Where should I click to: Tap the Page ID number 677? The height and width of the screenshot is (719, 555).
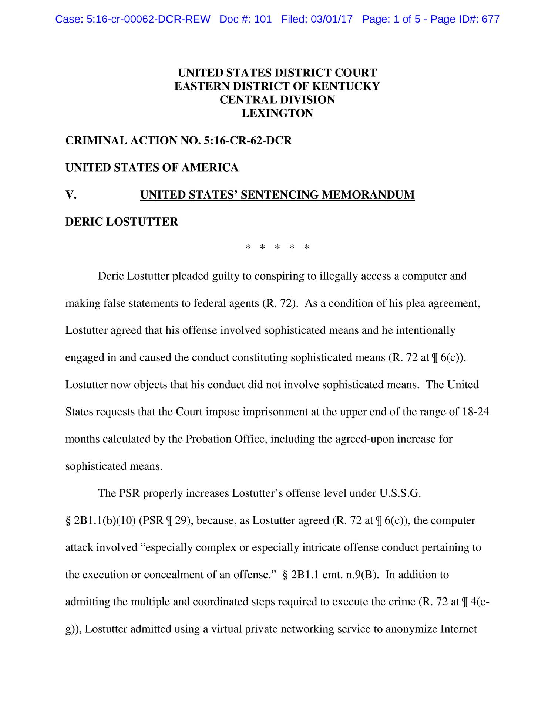[x=491, y=19]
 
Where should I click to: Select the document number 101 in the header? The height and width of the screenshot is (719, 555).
[x=263, y=19]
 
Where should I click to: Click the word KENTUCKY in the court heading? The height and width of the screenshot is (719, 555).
[x=346, y=86]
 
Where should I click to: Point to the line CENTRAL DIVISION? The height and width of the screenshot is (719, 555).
[x=277, y=100]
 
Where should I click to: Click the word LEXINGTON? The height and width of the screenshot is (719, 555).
[x=277, y=113]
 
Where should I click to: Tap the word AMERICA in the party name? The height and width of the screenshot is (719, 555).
[x=210, y=168]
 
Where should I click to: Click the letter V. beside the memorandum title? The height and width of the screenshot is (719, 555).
[x=71, y=195]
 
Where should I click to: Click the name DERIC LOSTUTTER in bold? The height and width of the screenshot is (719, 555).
[x=122, y=222]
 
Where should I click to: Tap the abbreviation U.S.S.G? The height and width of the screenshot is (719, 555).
[x=400, y=493]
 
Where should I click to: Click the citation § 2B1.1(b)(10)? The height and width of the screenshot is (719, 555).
[x=100, y=520]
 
